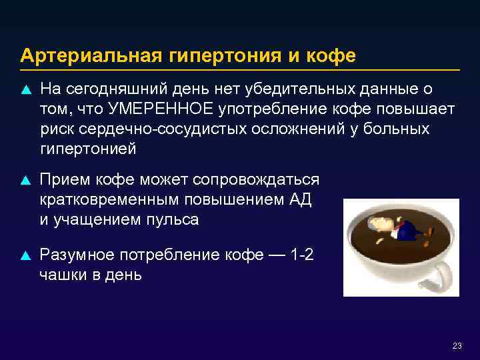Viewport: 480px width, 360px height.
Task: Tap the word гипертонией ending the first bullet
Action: click(88, 149)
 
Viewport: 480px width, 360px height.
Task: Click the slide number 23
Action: click(457, 345)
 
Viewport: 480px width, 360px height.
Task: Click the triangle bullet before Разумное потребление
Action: click(26, 255)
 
